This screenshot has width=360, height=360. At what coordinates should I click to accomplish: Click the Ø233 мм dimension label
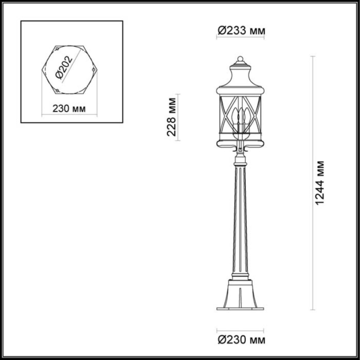click(x=241, y=31)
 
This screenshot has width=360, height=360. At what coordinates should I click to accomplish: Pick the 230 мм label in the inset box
click(x=68, y=109)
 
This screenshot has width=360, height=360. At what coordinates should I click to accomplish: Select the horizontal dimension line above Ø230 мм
click(x=240, y=330)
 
